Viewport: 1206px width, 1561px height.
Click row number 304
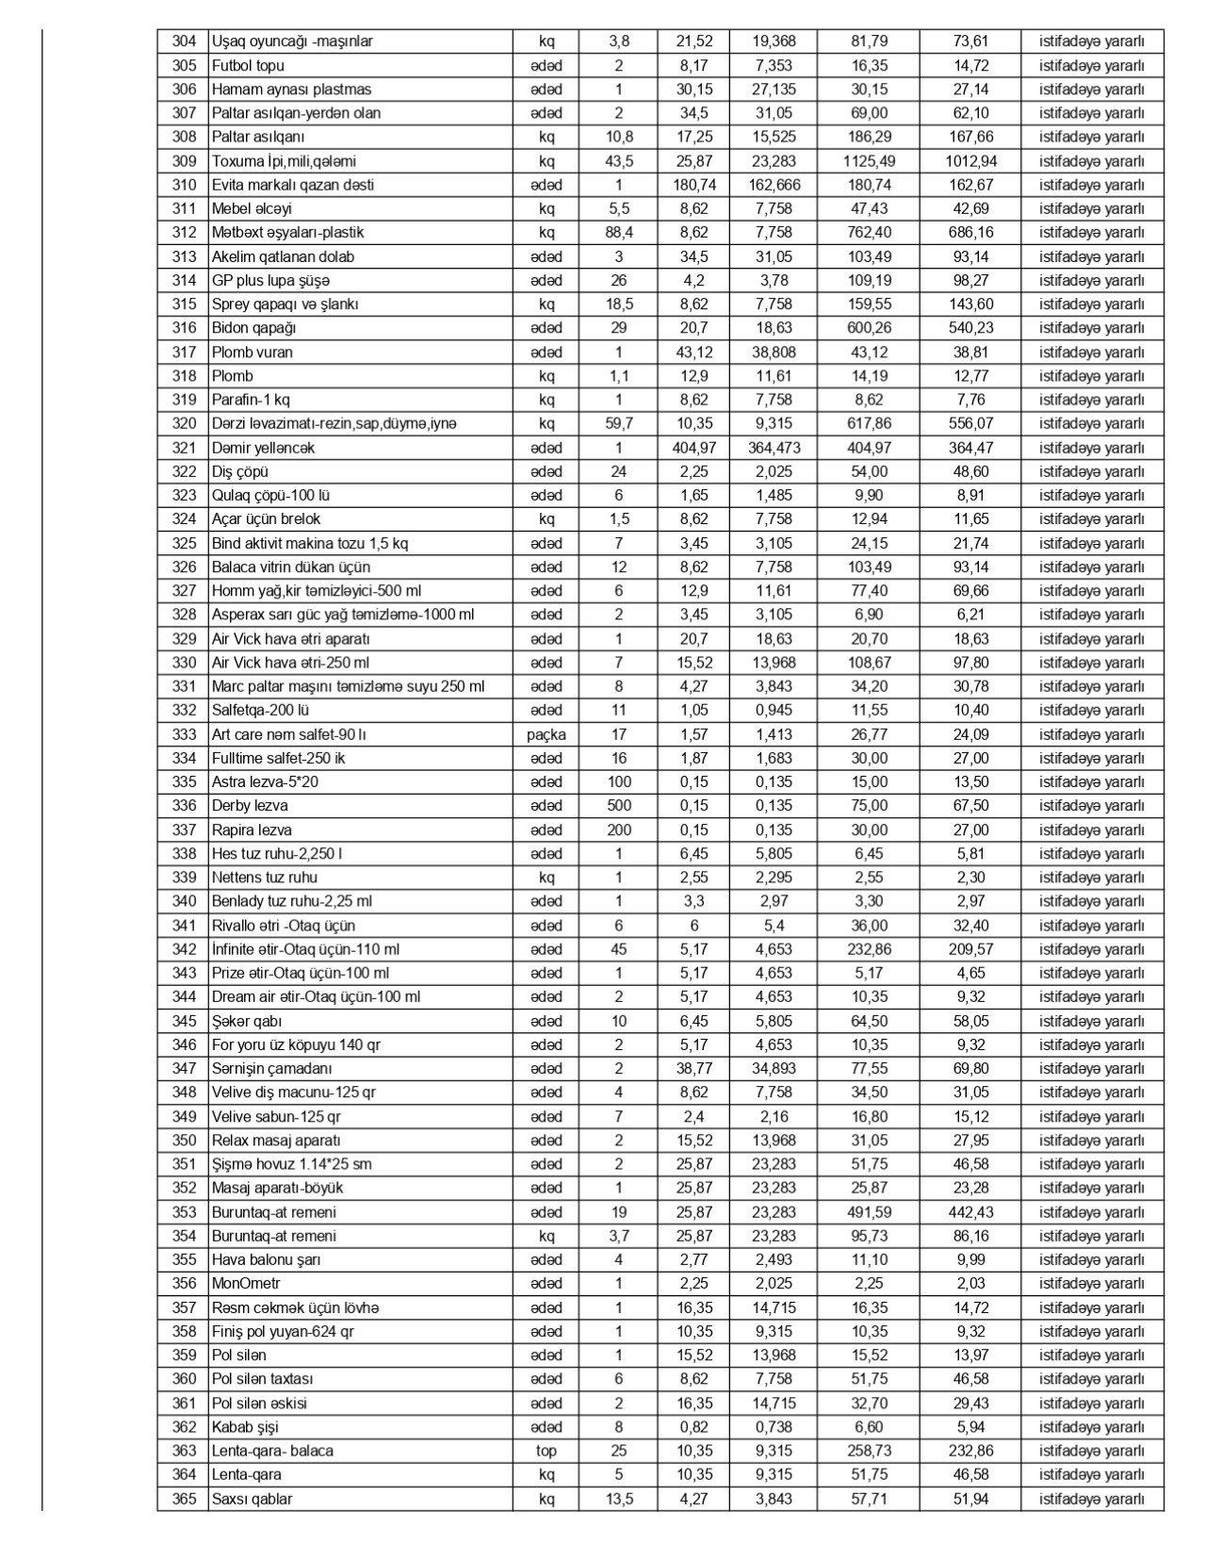[x=185, y=41]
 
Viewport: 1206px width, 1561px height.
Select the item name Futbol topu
[x=248, y=66]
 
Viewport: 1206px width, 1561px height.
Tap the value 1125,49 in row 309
[x=869, y=161]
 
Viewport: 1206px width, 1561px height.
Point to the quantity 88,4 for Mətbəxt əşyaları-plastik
[x=619, y=233]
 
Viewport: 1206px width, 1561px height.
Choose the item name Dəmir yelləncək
[x=263, y=448]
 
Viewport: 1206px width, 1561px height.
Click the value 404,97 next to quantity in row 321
[x=696, y=448]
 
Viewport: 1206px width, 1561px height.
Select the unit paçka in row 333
[x=546, y=734]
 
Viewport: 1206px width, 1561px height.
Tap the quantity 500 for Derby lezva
[x=619, y=806]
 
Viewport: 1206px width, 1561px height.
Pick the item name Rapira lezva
[x=252, y=830]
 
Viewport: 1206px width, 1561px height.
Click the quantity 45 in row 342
[x=619, y=949]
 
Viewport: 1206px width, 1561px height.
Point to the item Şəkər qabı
[x=247, y=1021]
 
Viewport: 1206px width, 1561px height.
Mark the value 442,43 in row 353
[x=970, y=1212]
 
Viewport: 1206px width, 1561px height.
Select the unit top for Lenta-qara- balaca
[x=546, y=1451]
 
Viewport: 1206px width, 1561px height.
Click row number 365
[x=185, y=1499]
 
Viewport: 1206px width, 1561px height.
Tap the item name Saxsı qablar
[x=252, y=1499]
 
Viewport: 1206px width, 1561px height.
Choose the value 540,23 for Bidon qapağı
[x=970, y=328]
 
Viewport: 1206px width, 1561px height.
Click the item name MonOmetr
[x=246, y=1284]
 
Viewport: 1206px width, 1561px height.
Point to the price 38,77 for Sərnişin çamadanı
[x=696, y=1069]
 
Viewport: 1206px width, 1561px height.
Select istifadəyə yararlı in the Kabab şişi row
[x=1092, y=1427]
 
